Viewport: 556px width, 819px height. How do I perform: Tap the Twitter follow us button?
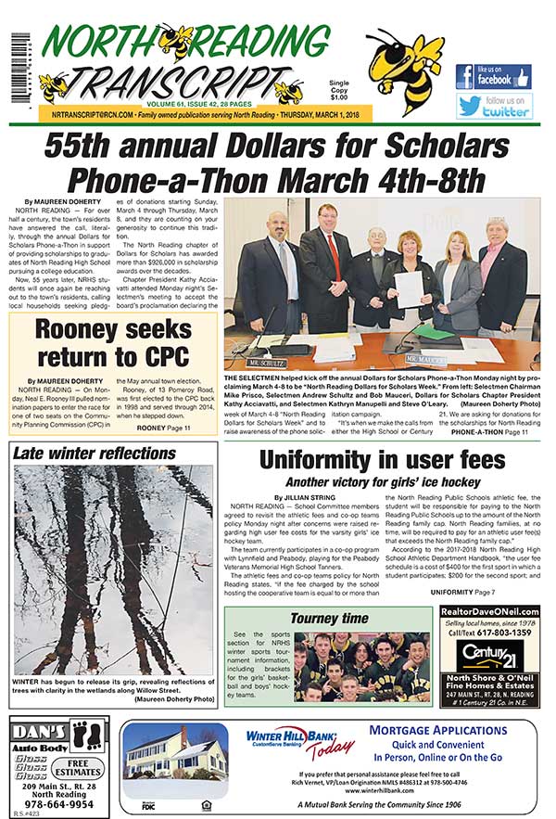493,105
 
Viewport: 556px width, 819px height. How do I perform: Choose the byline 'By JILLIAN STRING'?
278,498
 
